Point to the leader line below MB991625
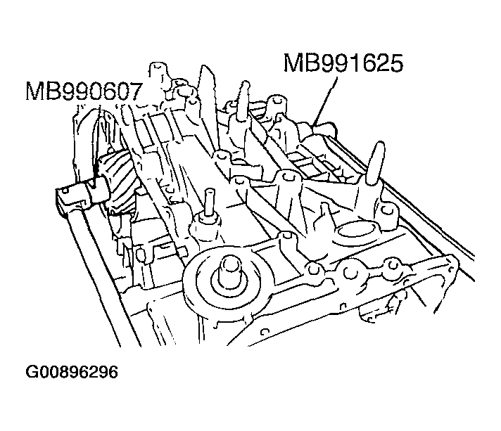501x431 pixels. tap(327, 102)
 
